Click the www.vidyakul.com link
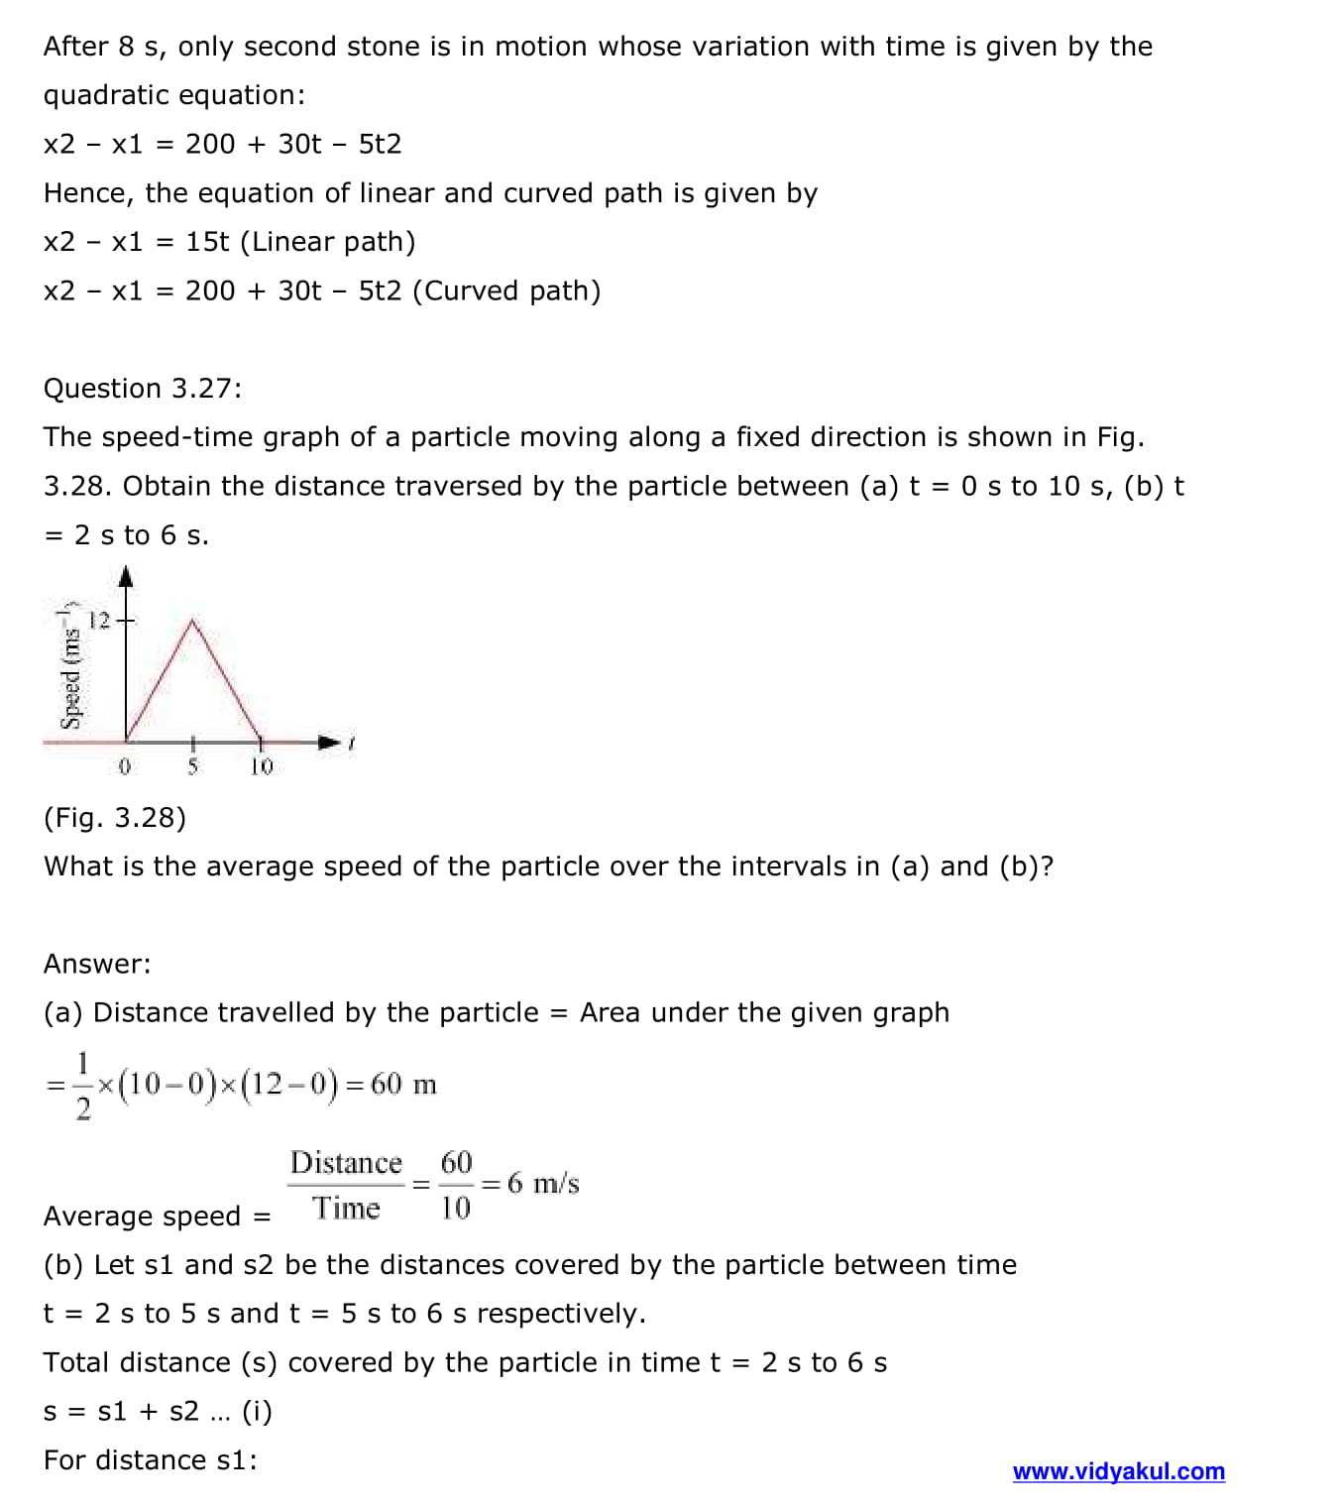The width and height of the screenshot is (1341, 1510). (1118, 1471)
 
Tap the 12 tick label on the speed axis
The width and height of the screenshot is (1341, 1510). (99, 621)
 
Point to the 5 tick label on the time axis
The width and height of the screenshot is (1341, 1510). (192, 766)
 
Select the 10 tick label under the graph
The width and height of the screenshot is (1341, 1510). (261, 766)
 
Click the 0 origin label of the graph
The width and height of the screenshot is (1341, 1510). (124, 766)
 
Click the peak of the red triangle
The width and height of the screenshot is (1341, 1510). (192, 622)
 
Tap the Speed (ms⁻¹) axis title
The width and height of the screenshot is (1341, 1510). (70, 665)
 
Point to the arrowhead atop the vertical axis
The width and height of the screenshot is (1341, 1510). (126, 576)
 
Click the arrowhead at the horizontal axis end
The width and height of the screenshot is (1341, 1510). (328, 742)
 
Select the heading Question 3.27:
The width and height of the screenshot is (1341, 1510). (143, 389)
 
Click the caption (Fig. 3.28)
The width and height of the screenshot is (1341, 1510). (115, 818)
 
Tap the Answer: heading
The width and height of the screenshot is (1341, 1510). (97, 964)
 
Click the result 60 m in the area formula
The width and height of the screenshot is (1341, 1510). (403, 1085)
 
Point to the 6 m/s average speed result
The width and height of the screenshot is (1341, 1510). (543, 1183)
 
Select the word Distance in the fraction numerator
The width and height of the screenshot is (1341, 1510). (346, 1162)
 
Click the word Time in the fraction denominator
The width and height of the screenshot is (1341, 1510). (346, 1208)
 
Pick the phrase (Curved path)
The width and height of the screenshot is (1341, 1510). (506, 291)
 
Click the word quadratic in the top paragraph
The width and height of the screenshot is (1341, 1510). (105, 95)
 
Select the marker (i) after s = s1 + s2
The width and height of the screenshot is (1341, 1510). (257, 1412)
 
